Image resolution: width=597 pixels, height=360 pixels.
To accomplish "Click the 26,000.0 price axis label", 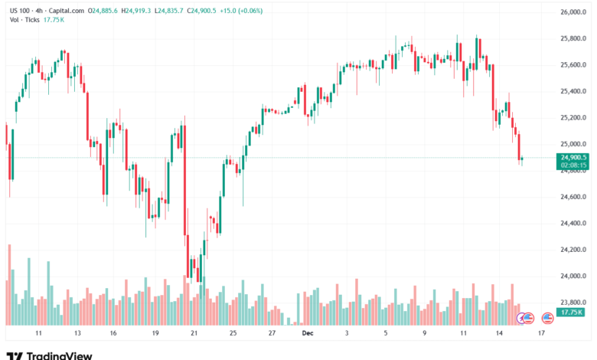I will (x=573, y=13).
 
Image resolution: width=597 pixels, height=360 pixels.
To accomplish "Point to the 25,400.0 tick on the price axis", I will (x=573, y=91).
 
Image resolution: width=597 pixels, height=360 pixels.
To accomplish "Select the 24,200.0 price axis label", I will (x=573, y=250).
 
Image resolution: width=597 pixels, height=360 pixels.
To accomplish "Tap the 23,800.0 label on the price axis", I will (x=573, y=303).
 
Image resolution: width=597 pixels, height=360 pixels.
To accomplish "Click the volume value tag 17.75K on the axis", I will (x=572, y=313).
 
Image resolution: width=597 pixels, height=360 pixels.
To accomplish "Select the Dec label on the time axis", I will (x=307, y=334).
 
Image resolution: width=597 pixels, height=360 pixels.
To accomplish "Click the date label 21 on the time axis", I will (x=194, y=334).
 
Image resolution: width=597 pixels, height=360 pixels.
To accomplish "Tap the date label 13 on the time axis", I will (x=77, y=334).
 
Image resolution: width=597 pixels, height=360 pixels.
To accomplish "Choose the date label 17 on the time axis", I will (x=541, y=334).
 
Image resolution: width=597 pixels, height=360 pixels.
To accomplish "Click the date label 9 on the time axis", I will (x=424, y=334).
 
